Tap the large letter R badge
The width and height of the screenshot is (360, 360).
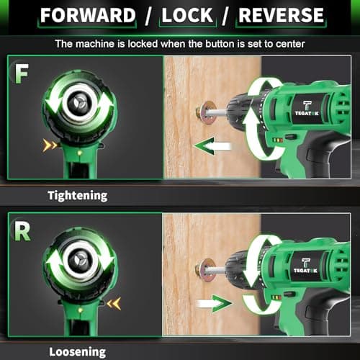tap(22, 232)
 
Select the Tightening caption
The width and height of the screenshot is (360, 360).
tap(77, 195)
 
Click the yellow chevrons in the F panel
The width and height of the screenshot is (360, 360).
tap(49, 146)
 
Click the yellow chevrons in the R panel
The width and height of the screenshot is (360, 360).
tap(113, 303)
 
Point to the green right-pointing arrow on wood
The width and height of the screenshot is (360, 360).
tap(213, 304)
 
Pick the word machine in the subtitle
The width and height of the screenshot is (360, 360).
tap(96, 43)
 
